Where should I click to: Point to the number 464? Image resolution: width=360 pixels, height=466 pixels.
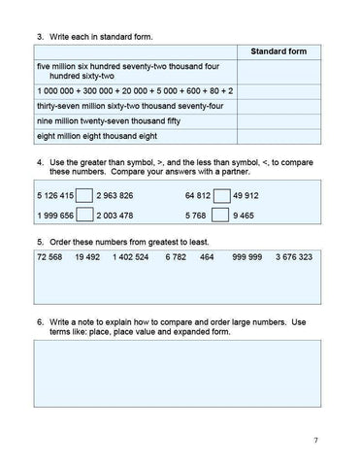pos(207,259)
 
